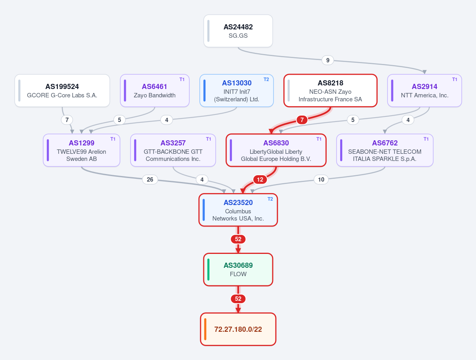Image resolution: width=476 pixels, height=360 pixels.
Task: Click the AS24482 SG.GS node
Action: (x=238, y=31)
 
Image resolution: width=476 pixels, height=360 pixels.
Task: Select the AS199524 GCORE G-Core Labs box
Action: (x=62, y=91)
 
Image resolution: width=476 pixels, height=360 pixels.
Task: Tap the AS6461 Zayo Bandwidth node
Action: (x=155, y=91)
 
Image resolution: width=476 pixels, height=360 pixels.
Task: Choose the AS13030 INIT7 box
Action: (x=237, y=91)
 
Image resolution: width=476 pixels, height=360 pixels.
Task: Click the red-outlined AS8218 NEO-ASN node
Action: (x=330, y=91)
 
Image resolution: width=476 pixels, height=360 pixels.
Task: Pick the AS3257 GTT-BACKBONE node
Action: (x=173, y=150)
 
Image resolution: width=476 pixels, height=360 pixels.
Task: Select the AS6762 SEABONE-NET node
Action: (x=385, y=150)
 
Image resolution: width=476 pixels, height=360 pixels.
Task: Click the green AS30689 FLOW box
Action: (x=238, y=269)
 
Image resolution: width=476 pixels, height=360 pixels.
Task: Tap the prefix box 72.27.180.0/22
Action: (x=238, y=329)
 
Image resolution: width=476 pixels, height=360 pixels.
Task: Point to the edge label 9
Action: (x=328, y=60)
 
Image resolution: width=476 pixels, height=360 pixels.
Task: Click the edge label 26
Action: (x=150, y=180)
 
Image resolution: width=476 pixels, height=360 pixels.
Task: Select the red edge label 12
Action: (x=260, y=180)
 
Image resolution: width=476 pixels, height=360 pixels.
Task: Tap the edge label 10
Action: (x=321, y=180)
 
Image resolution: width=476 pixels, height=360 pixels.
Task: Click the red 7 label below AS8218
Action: (x=302, y=120)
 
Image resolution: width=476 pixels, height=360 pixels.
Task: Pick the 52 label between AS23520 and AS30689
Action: (x=238, y=239)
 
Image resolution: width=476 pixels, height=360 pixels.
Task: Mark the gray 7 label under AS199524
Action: (x=67, y=120)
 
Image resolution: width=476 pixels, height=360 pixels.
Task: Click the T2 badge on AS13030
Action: (x=266, y=79)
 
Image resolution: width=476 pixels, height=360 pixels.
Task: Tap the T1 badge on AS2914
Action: (x=455, y=79)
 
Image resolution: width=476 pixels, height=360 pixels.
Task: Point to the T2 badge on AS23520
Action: (x=270, y=199)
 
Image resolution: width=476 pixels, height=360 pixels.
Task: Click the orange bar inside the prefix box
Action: (x=205, y=329)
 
